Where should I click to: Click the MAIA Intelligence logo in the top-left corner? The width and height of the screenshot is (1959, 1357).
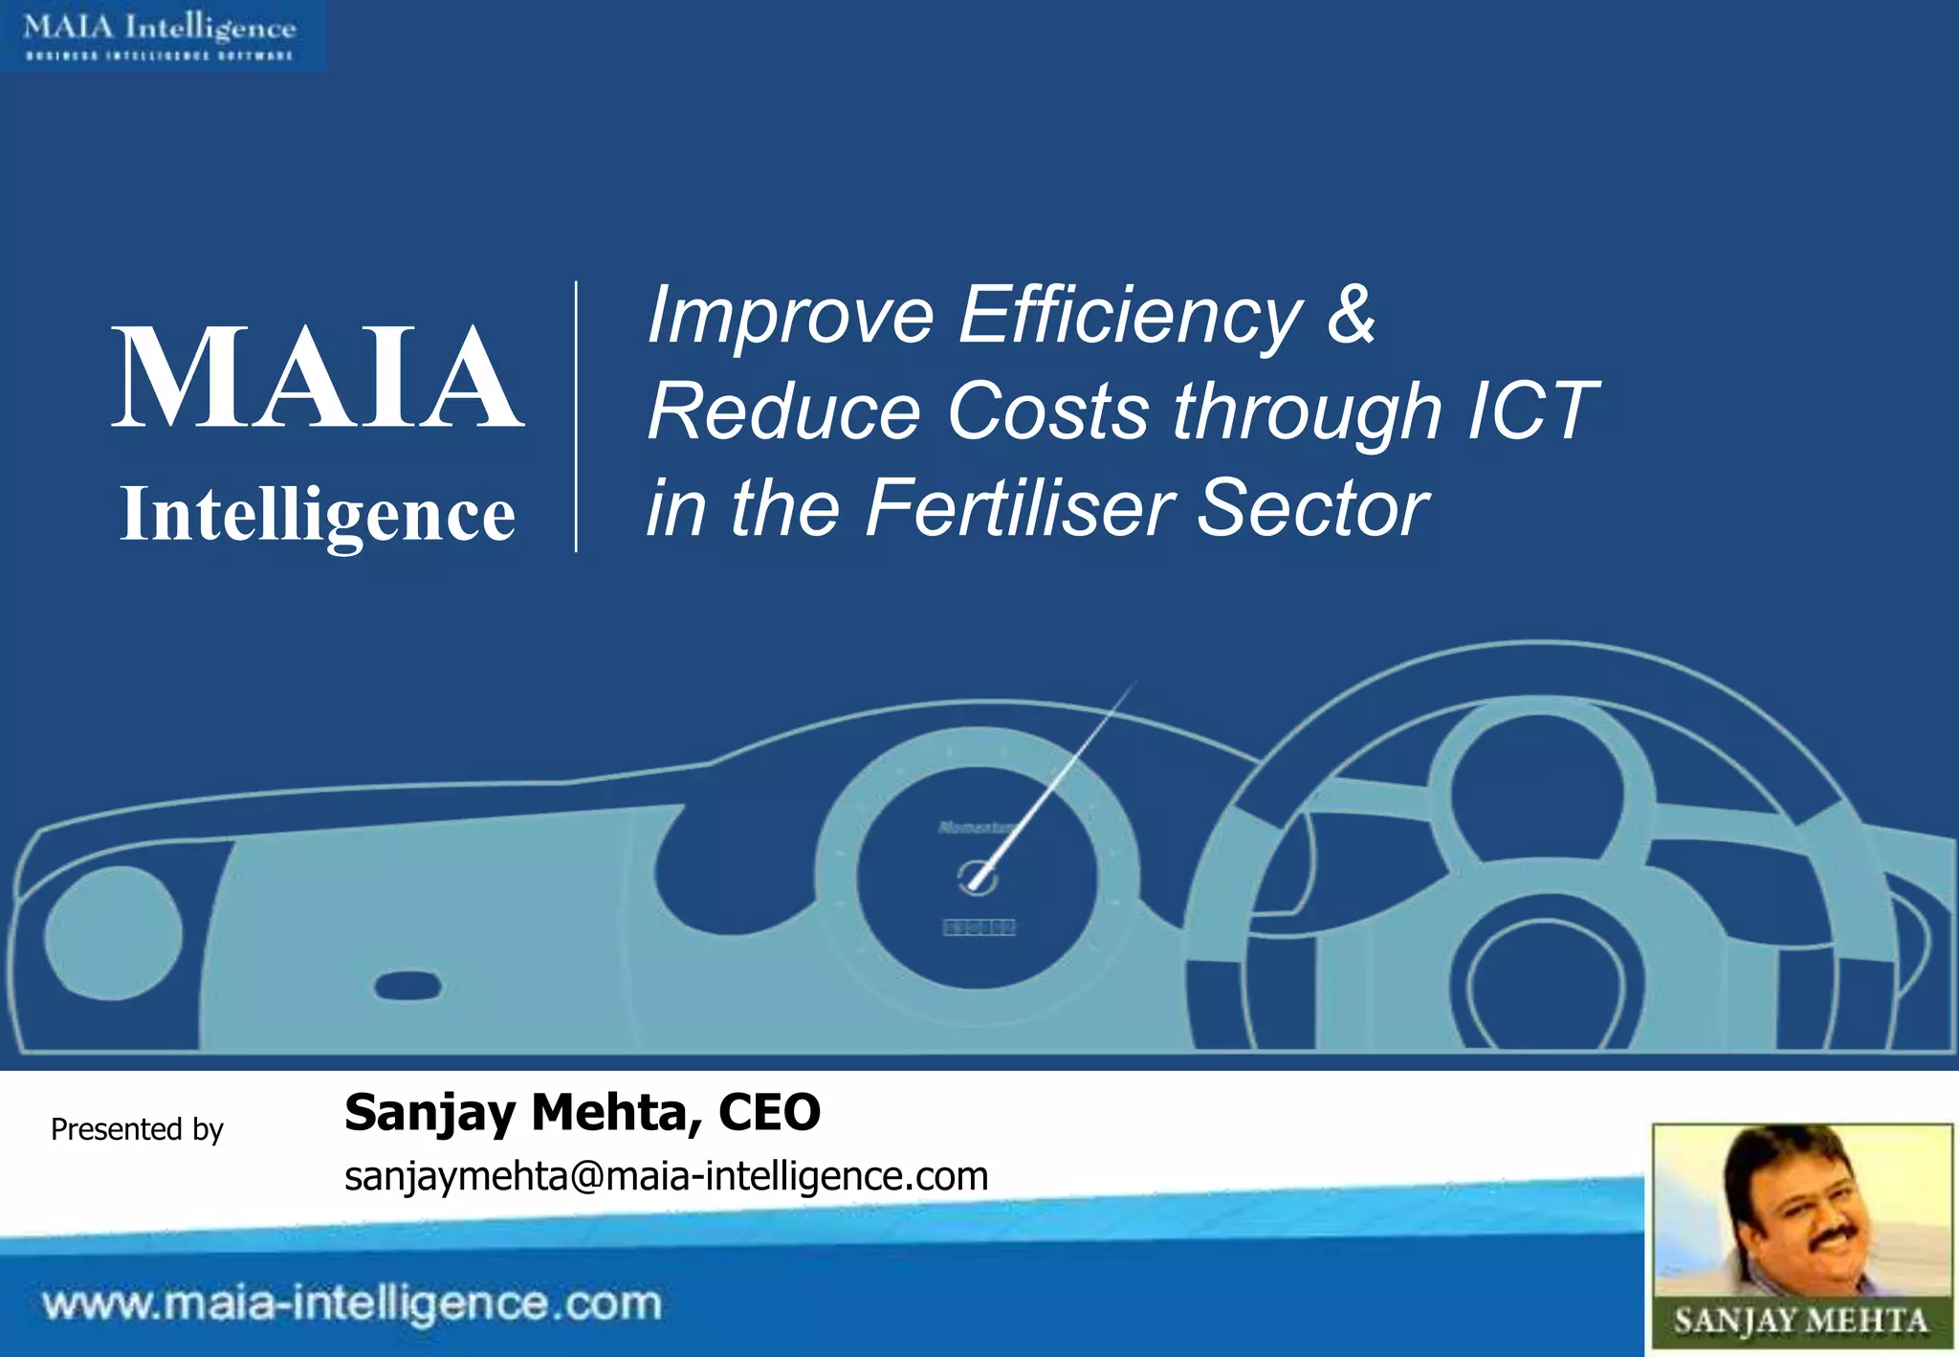point(161,35)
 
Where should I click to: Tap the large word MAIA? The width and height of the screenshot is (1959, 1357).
point(318,377)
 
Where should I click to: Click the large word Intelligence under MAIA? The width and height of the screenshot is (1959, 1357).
point(318,516)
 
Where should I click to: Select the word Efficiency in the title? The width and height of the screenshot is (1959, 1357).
point(1130,316)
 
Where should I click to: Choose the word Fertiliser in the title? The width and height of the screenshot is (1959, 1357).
point(1020,508)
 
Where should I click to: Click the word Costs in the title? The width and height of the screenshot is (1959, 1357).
point(1048,412)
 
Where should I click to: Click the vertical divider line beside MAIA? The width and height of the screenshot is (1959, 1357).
point(576,416)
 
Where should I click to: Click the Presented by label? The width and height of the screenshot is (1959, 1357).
point(137,1129)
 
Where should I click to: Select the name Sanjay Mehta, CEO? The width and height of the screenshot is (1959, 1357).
point(582,1112)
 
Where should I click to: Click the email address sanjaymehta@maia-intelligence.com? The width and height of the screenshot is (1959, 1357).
point(666,1176)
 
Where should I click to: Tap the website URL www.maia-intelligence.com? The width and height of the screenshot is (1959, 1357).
point(352,1304)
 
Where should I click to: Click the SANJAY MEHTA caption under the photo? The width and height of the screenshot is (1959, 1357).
point(1800,1322)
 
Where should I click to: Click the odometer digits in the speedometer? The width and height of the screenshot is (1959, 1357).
point(979,927)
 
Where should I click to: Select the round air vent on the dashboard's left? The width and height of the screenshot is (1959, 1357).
point(113,934)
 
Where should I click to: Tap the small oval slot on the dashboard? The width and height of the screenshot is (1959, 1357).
point(407,986)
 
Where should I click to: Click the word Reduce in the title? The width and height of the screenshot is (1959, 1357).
point(783,412)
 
